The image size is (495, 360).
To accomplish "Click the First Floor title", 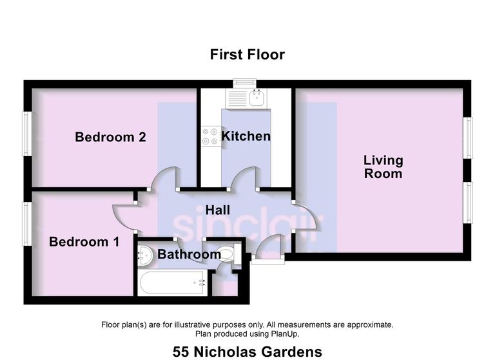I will click(247, 54).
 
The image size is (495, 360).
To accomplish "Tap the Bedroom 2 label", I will click(110, 137).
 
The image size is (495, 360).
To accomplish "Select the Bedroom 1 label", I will click(84, 242).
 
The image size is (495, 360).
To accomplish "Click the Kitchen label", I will click(246, 136).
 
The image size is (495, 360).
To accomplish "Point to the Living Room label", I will click(383, 166).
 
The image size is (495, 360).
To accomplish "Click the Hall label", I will click(218, 210).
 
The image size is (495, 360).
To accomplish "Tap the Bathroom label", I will click(189, 254).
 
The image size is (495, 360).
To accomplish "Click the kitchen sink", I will click(247, 99).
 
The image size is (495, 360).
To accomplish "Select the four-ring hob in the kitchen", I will click(210, 137).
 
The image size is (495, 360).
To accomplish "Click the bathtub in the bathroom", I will click(171, 283).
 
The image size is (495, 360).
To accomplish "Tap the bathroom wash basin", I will click(146, 255).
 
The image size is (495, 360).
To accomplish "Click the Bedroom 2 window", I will click(27, 134).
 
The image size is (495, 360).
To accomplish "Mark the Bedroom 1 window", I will click(27, 224).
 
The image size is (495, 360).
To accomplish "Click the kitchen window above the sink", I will click(244, 83).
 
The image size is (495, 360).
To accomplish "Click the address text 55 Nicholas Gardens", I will click(247, 352).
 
